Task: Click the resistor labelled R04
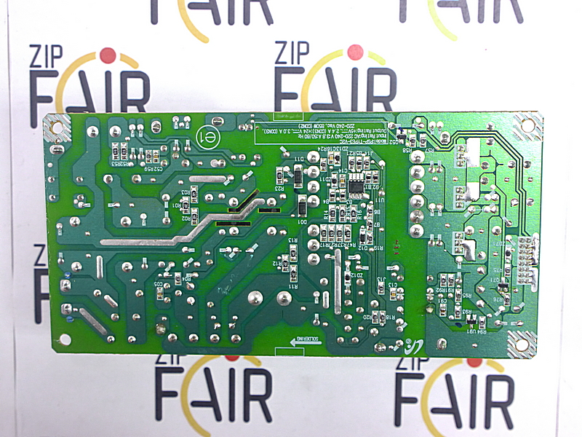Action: [177, 278]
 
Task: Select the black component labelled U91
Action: [471, 321]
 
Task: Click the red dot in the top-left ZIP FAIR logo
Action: [108, 55]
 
